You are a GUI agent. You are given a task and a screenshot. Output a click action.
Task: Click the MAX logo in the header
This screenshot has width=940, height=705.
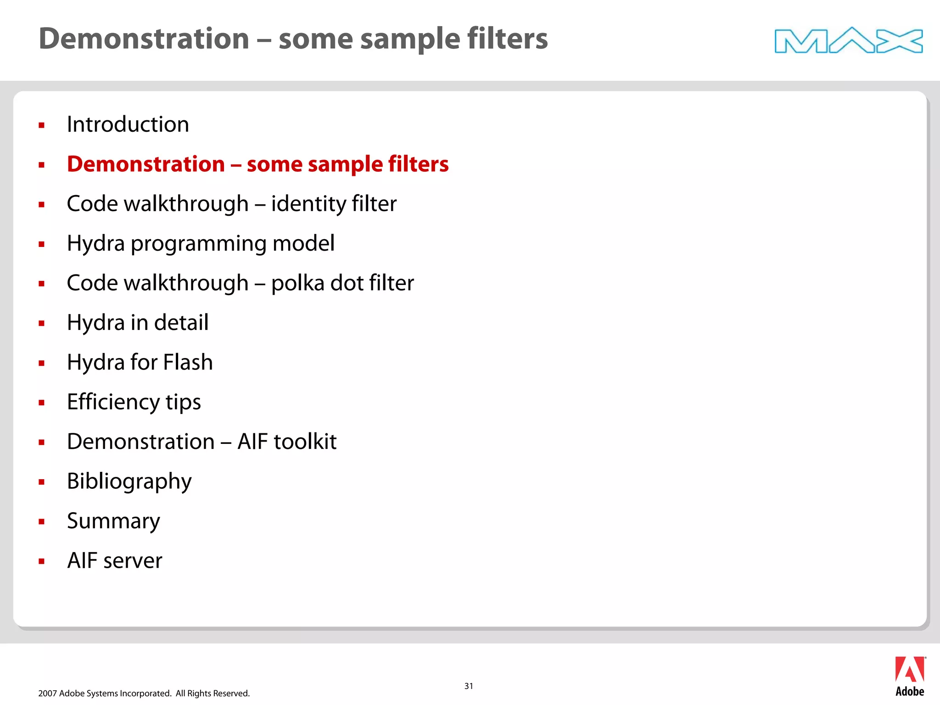point(848,40)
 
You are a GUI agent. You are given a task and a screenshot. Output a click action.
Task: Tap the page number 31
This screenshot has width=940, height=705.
point(469,686)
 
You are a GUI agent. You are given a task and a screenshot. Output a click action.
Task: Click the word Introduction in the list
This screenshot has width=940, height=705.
point(128,124)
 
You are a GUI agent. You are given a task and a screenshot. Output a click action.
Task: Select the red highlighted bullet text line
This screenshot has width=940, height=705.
point(257,164)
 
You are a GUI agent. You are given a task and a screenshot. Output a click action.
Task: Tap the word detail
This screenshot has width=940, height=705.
point(181,323)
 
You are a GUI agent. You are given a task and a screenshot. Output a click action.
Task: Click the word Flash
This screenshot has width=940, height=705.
point(188,362)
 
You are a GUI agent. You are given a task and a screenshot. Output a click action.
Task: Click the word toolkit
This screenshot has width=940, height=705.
point(305,442)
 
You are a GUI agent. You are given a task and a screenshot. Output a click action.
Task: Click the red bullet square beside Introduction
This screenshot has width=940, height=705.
point(42,125)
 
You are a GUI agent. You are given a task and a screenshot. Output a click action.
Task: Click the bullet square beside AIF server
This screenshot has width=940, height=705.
point(42,561)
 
